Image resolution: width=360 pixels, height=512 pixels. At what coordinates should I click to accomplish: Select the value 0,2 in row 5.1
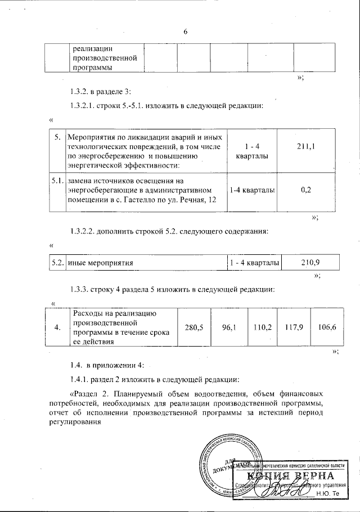(306, 190)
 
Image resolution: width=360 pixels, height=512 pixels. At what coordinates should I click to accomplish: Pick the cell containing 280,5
(193, 327)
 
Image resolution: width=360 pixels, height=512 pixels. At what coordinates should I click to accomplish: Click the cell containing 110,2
(263, 327)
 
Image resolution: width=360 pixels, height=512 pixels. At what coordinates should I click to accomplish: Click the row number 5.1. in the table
(56, 181)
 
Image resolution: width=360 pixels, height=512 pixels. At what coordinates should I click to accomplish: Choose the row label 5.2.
(57, 262)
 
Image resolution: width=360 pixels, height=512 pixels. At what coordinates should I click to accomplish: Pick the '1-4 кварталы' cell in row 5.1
(253, 191)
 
